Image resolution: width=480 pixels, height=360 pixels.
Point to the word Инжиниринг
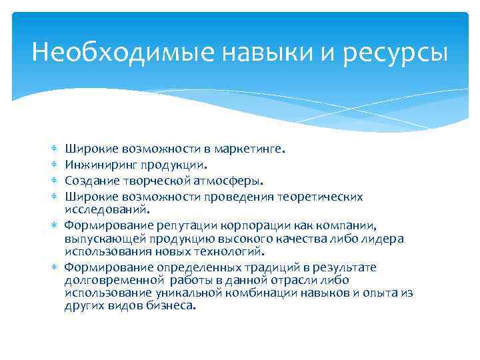[98, 165]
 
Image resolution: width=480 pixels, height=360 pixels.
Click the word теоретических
[323, 197]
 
